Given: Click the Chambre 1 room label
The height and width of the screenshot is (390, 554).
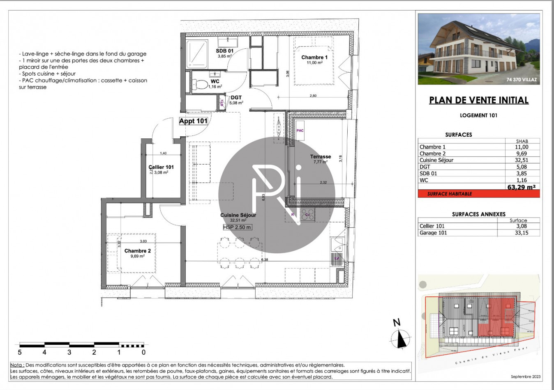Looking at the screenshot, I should (x=314, y=57).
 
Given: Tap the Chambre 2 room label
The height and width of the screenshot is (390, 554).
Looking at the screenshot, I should (x=138, y=251).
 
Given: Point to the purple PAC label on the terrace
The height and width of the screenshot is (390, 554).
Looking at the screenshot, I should (x=300, y=131).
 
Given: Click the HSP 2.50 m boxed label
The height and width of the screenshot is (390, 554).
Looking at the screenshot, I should (x=237, y=227).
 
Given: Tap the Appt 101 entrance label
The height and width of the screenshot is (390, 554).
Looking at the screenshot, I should (x=193, y=121).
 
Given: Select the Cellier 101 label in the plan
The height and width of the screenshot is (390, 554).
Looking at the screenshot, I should (x=161, y=167).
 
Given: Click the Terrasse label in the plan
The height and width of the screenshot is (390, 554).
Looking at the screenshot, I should (x=321, y=156).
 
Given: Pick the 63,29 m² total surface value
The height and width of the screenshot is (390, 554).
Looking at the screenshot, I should (x=521, y=187).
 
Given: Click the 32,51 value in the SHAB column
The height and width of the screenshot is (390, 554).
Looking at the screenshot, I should (x=521, y=160).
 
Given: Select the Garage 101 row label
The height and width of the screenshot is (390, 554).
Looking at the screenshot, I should (x=433, y=233).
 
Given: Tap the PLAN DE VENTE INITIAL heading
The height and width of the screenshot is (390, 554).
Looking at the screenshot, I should (x=479, y=100).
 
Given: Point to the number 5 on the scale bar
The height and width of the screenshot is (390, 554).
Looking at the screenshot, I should (x=20, y=352).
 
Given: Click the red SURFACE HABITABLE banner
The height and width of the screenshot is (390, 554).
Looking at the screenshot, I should (x=450, y=194).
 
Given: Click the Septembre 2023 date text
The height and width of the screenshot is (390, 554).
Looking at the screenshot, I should (x=526, y=376).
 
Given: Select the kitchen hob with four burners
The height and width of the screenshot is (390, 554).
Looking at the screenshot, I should (x=307, y=214).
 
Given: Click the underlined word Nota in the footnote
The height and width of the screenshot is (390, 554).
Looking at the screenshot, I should (x=17, y=365).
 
